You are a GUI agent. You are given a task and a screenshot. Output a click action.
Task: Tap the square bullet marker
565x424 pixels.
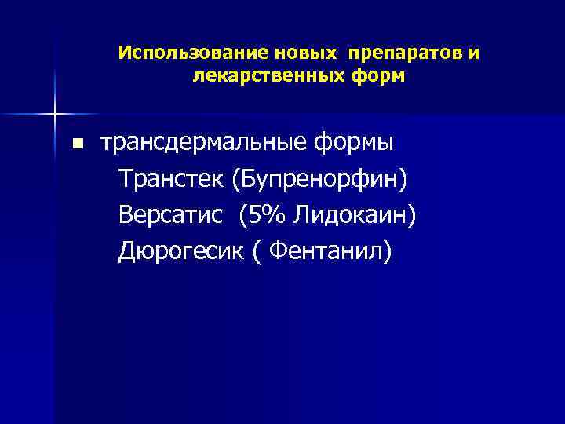(77, 144)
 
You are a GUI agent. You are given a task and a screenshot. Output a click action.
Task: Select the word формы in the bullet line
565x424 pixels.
(354, 144)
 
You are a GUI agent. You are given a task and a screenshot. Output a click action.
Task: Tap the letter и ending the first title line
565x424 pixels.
(475, 53)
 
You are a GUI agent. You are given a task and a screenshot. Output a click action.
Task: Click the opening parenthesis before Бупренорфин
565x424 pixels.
(235, 181)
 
